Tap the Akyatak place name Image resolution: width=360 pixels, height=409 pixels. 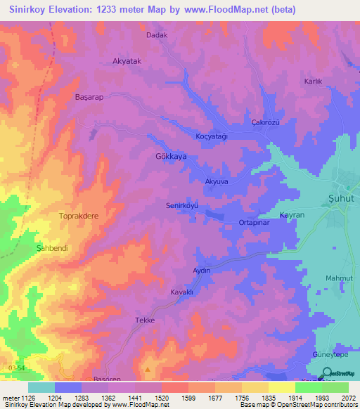tap(127, 62)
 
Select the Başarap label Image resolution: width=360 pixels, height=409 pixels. tap(89, 98)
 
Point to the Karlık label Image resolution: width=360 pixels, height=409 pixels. tap(312, 82)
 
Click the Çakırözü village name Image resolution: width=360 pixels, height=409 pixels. tap(266, 122)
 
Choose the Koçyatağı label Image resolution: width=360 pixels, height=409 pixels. tap(212, 136)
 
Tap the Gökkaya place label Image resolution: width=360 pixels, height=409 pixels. tap(170, 157)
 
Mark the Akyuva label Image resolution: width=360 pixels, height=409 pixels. tap(217, 181)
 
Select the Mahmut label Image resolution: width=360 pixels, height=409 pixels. tap(338, 278)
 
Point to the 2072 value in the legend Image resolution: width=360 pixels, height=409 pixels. tap(349, 397)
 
